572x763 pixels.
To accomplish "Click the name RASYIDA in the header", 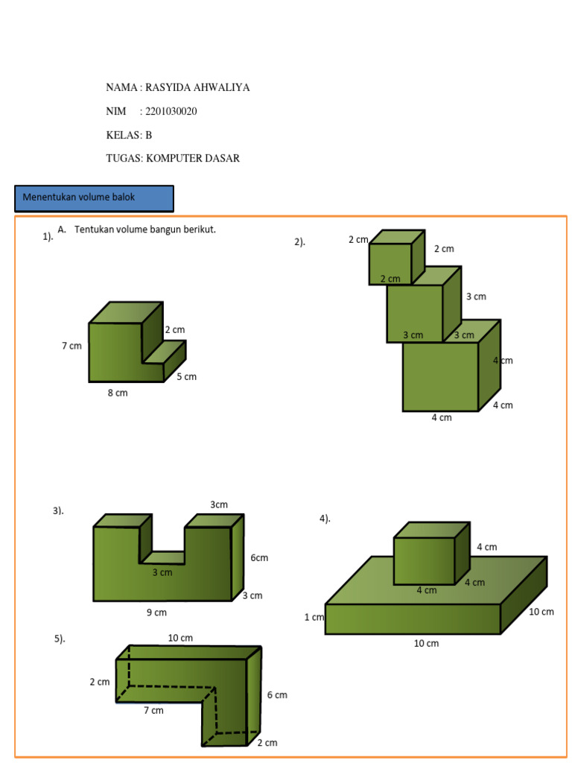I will (168, 88).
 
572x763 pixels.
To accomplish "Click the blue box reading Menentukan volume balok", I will (94, 198).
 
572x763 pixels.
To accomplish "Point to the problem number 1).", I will (48, 237).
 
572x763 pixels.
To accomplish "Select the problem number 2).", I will (300, 241).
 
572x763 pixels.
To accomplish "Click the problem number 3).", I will (58, 510).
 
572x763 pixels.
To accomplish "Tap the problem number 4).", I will (325, 519).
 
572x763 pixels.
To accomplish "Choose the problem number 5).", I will (60, 639).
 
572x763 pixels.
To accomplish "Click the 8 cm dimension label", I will (118, 393).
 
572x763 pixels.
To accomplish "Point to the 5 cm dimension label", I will (186, 376).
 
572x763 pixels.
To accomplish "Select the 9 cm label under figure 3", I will (156, 612).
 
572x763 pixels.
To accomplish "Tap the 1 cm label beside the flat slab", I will (314, 617).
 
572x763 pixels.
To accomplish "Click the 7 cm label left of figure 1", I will (71, 346).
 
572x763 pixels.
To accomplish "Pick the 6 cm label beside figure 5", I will (277, 695).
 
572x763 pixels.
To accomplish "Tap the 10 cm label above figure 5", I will (180, 638).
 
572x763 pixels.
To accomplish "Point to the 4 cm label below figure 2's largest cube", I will (442, 417).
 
